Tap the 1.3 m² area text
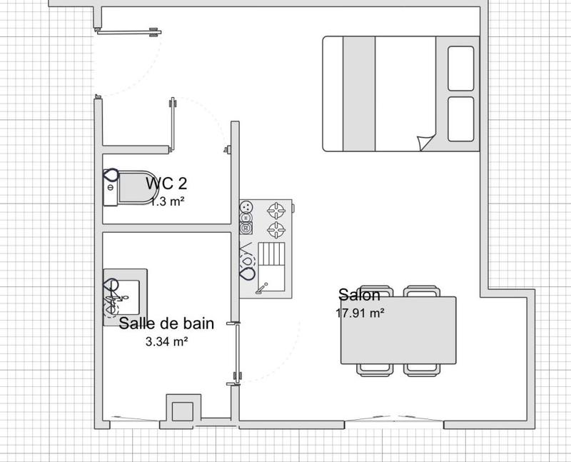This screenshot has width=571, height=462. click(x=168, y=201)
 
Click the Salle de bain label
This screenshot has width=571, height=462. click(x=166, y=323)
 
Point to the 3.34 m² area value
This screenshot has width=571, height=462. click(x=166, y=341)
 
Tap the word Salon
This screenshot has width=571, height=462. click(x=359, y=295)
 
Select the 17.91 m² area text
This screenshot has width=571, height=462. click(x=360, y=313)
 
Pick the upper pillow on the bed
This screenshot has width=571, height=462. click(x=460, y=69)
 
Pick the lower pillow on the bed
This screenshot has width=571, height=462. click(x=460, y=119)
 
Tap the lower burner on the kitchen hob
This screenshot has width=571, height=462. click(x=276, y=229)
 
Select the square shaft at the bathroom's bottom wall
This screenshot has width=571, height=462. click(x=182, y=412)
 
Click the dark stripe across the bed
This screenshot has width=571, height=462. click(x=359, y=94)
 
